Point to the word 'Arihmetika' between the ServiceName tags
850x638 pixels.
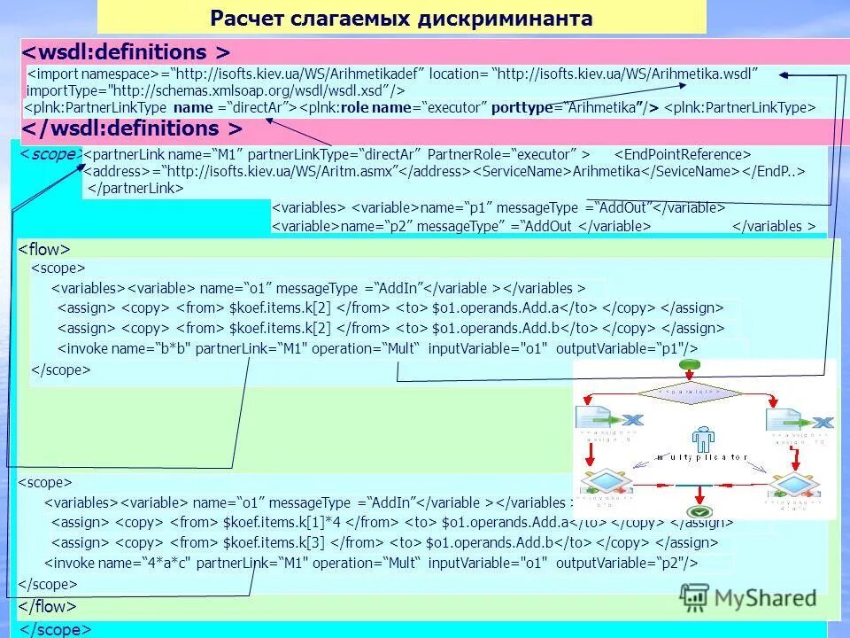[x=607, y=170]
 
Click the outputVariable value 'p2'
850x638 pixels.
[x=667, y=563]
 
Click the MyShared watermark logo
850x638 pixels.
[x=753, y=598]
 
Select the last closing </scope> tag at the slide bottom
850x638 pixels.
[x=56, y=628]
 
